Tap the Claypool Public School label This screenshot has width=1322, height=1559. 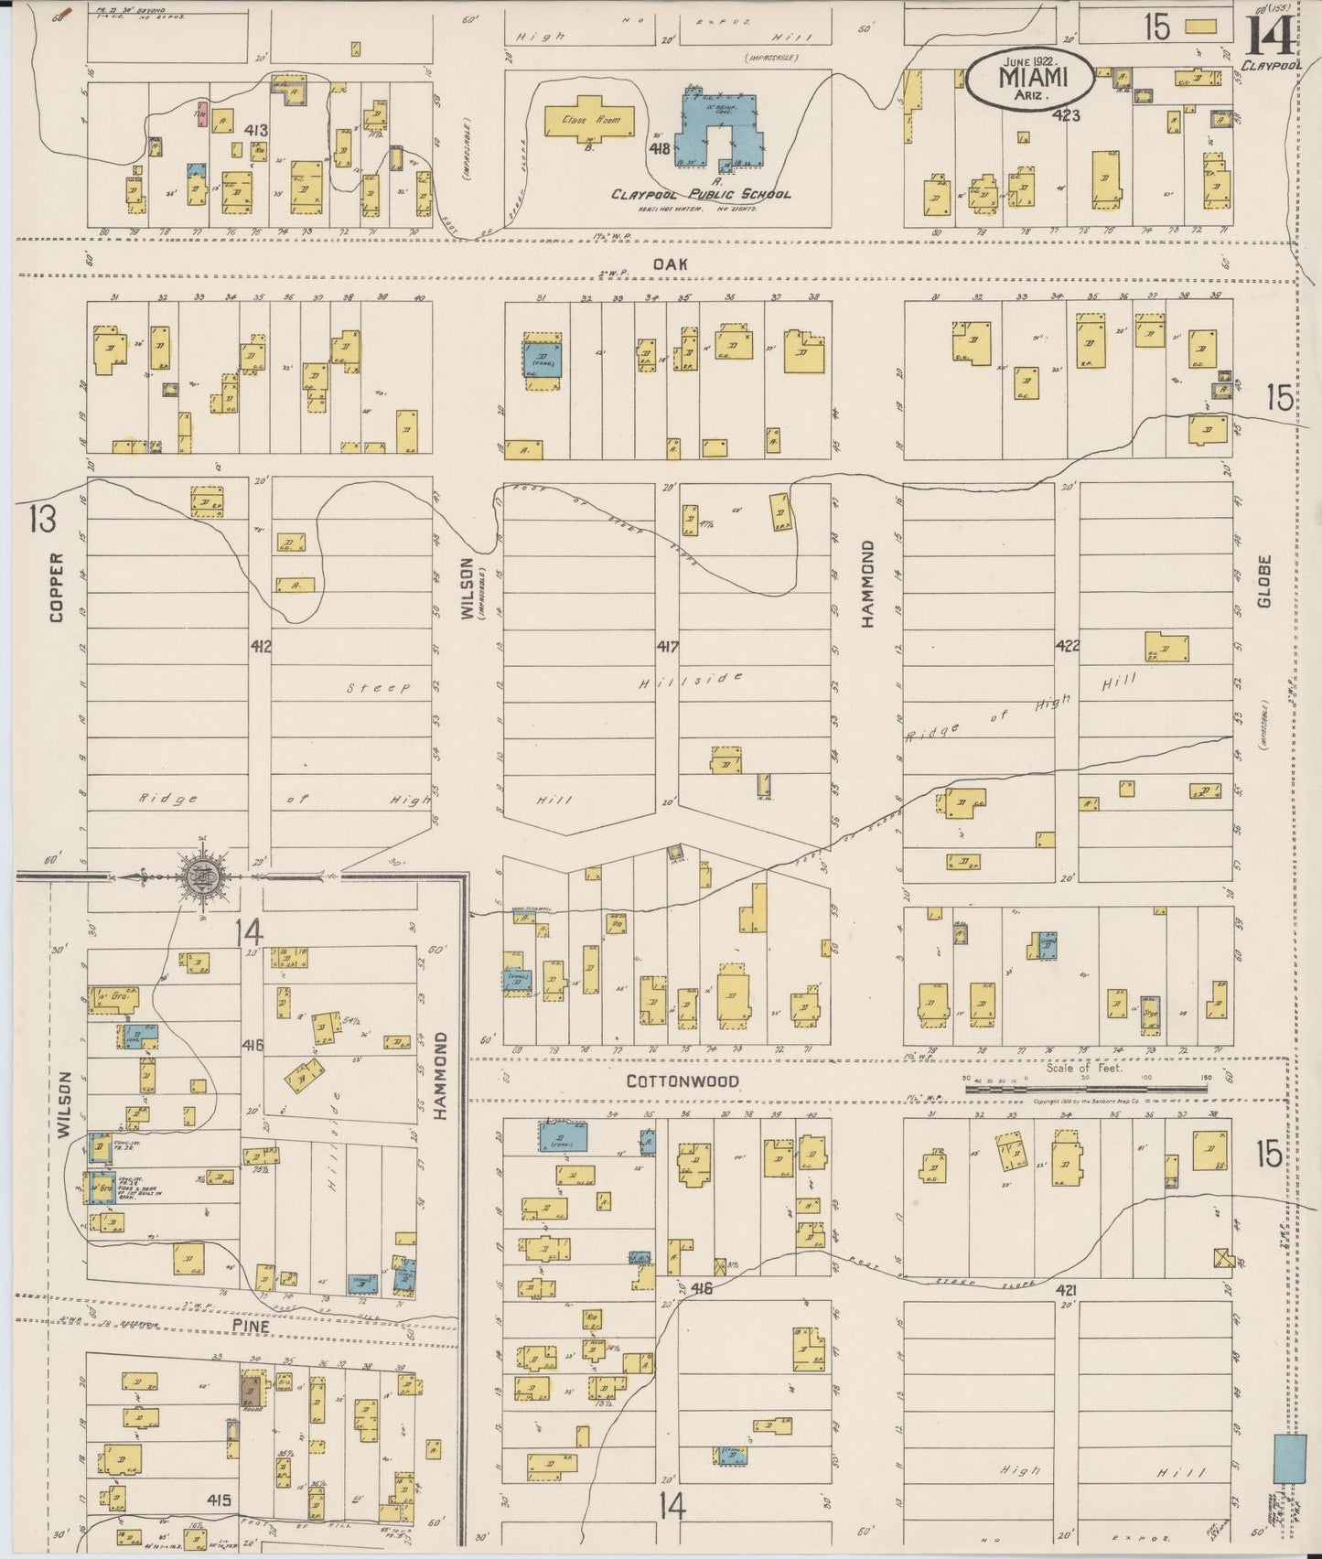[701, 194]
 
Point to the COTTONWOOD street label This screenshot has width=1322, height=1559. [682, 1081]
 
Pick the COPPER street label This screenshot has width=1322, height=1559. [57, 586]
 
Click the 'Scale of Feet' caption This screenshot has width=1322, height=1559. [1084, 1068]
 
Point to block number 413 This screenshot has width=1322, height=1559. [255, 131]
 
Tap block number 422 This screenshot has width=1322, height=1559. [1067, 645]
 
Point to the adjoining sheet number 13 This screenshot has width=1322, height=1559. [41, 519]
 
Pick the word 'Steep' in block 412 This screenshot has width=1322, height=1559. [378, 688]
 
